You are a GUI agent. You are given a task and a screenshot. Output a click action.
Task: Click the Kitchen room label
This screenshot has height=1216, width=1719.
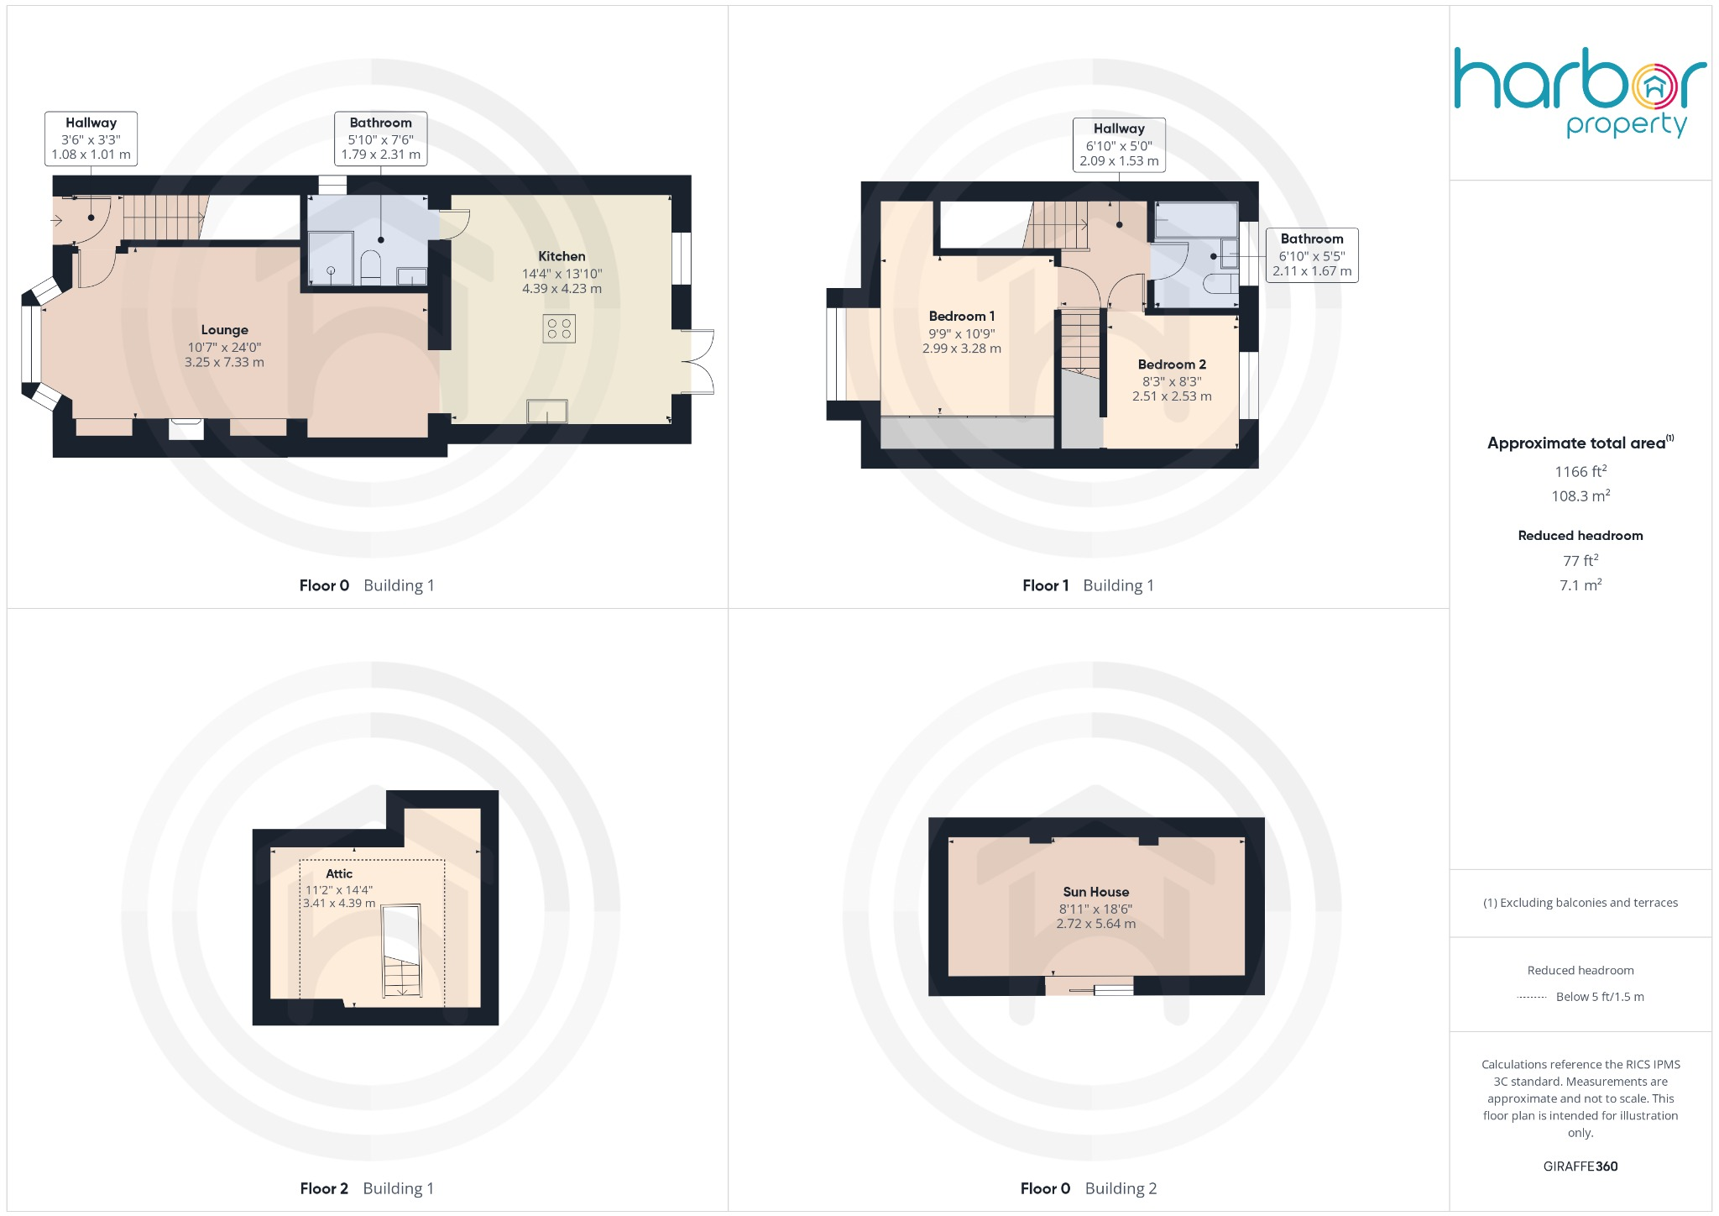coord(562,256)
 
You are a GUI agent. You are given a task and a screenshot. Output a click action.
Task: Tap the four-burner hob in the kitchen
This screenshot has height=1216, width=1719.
coord(559,328)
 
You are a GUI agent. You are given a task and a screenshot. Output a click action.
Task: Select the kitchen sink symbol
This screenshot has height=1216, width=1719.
coord(546,411)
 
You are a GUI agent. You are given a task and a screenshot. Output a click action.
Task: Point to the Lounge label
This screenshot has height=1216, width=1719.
coord(224,330)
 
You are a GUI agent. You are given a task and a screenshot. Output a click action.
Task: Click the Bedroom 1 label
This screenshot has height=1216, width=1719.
coord(961,317)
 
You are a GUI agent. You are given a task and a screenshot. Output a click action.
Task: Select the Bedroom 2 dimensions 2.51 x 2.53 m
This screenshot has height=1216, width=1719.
coord(1172,396)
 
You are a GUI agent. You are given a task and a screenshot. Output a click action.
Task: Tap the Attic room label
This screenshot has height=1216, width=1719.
coord(339,873)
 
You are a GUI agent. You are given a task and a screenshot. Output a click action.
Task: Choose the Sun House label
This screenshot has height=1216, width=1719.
coord(1095,892)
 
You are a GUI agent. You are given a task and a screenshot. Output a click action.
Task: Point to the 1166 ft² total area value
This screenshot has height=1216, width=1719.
coord(1580,472)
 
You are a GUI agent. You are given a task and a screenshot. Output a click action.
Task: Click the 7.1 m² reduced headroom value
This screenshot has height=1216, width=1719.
coord(1580,585)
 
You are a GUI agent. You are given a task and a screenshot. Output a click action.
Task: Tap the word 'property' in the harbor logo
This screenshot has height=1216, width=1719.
coord(1626,126)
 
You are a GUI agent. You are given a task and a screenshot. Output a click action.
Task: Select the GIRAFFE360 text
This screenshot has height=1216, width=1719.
coord(1580,1166)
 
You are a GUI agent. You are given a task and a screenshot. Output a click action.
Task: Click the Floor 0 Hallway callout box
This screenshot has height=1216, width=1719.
coord(91,139)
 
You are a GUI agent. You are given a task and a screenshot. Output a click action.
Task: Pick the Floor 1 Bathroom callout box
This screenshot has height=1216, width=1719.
coord(1311,254)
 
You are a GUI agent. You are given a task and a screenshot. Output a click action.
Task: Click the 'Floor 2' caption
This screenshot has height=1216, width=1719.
coord(324,1188)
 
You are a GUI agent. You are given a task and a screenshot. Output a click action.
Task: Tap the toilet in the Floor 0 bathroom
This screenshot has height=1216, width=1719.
coord(371,268)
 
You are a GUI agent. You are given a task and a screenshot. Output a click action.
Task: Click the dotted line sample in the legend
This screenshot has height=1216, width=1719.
coord(1532,998)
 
